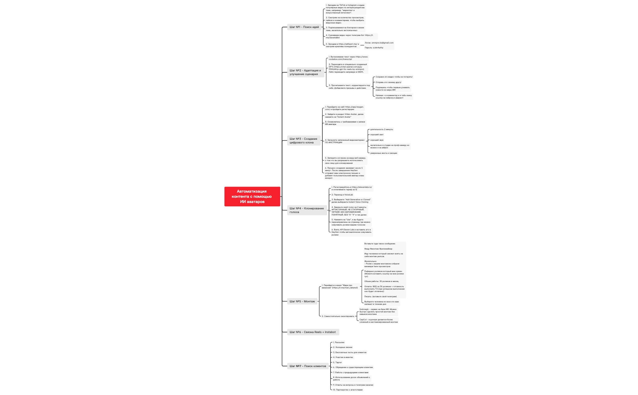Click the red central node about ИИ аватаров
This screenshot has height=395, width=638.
(x=252, y=196)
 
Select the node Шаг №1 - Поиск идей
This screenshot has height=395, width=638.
(x=304, y=27)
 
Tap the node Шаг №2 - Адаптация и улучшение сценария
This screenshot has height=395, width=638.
(x=305, y=72)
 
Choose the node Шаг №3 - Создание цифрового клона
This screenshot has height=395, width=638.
(x=304, y=141)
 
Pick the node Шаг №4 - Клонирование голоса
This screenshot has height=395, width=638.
(x=307, y=210)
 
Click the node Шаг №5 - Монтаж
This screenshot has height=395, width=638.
(x=302, y=301)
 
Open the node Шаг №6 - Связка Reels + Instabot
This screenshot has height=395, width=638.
(x=313, y=332)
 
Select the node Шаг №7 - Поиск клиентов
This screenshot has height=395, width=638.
(x=308, y=366)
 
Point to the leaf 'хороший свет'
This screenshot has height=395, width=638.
(x=377, y=135)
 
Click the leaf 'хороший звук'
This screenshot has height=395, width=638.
(x=377, y=140)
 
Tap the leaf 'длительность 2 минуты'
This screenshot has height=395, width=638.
(x=382, y=129)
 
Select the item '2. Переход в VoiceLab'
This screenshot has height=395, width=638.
(x=342, y=195)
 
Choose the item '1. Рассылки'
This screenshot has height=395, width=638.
(x=339, y=342)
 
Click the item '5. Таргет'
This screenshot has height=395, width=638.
(x=338, y=362)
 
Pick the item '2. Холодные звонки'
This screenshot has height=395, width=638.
(x=343, y=347)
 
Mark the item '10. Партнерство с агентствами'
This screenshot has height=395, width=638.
(x=348, y=390)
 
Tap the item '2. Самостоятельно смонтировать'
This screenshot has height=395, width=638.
(x=338, y=316)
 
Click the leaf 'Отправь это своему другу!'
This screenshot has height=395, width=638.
(x=388, y=82)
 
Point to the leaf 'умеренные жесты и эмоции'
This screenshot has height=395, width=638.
(x=383, y=153)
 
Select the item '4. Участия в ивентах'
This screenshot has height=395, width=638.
(x=343, y=357)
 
